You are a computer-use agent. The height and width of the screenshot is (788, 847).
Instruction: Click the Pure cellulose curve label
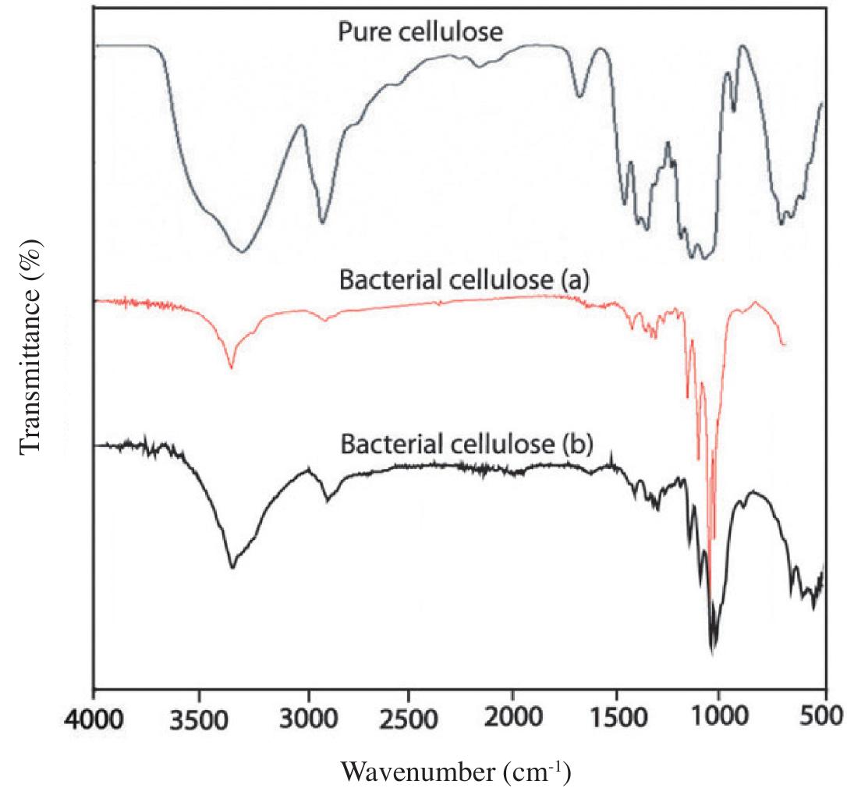(x=420, y=32)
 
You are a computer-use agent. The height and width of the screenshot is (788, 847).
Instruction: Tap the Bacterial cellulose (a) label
(x=463, y=281)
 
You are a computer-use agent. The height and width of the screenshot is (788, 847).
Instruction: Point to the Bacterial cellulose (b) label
(x=466, y=445)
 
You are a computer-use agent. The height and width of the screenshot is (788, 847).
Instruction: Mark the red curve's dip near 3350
(x=231, y=367)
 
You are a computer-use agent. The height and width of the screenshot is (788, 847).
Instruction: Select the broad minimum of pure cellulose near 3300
(x=243, y=251)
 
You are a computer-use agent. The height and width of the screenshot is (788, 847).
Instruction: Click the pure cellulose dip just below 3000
(x=323, y=222)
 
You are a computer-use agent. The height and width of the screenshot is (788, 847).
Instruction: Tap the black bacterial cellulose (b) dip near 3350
(x=232, y=567)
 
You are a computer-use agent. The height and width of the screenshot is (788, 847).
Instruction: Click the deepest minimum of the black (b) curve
(x=713, y=652)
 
